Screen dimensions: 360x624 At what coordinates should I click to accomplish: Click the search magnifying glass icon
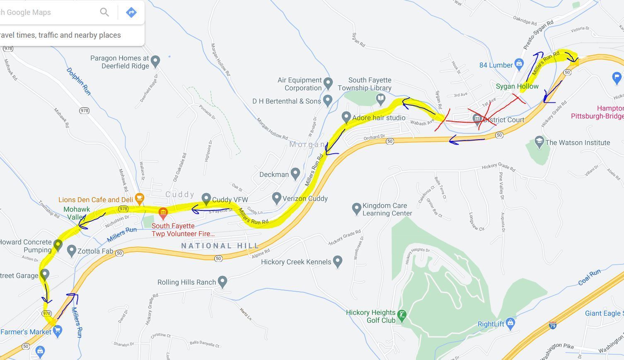(x=104, y=12)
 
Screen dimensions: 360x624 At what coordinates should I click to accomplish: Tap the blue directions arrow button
(x=131, y=12)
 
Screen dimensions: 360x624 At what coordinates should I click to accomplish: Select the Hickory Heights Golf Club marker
(x=401, y=316)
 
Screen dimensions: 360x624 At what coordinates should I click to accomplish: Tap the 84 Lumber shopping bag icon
(x=519, y=64)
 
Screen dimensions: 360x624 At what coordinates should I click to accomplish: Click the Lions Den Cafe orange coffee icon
(x=139, y=199)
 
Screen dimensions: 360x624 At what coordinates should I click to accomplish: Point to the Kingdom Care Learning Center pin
(x=356, y=208)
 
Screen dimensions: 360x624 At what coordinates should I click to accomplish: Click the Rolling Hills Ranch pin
(x=223, y=281)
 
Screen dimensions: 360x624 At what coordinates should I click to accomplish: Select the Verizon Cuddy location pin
(x=276, y=198)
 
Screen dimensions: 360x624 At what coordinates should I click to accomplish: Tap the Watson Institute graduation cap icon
(x=539, y=142)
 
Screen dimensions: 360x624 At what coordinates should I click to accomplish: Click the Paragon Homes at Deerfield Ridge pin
(x=155, y=61)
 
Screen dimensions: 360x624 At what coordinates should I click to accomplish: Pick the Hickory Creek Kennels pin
(x=337, y=261)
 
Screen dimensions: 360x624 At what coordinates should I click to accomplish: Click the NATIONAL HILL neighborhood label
(x=220, y=246)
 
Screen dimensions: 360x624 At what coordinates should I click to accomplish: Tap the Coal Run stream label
(x=589, y=277)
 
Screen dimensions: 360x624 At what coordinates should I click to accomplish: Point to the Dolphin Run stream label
(x=78, y=81)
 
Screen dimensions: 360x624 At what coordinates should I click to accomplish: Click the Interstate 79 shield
(x=552, y=326)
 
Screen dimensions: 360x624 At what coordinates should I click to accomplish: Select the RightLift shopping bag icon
(x=510, y=323)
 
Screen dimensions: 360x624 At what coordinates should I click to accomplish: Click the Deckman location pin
(x=295, y=174)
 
